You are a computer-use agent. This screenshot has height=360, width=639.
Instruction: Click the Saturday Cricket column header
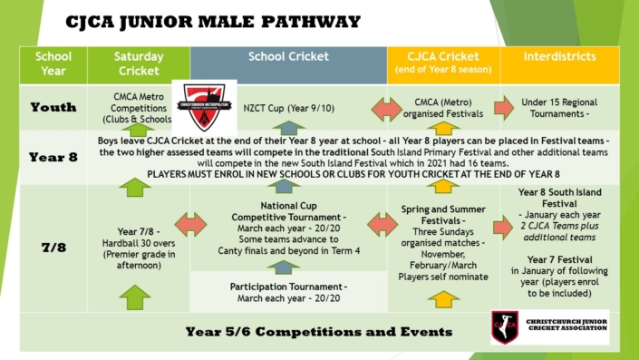coord(139,63)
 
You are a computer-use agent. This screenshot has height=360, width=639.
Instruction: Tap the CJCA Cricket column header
coord(441,63)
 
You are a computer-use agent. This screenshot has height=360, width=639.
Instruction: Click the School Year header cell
coord(53,63)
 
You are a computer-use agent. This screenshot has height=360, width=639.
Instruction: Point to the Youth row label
coord(53,107)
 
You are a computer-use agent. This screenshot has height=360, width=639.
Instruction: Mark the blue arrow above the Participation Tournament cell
coord(288,267)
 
